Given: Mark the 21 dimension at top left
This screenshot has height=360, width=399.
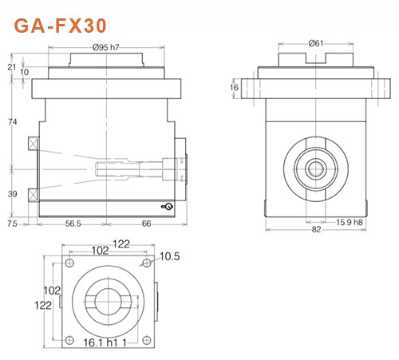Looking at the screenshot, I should (x=10, y=67).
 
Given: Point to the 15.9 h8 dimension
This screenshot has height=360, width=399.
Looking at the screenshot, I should (x=351, y=221).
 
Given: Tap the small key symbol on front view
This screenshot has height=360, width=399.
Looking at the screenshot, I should (x=167, y=207).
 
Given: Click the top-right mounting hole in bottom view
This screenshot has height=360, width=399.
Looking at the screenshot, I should (x=145, y=264).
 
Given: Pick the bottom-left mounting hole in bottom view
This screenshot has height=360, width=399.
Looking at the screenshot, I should (x=70, y=338).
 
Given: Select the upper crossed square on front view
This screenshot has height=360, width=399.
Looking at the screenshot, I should (x=33, y=145).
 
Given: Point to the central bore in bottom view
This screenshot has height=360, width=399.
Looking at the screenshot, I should (x=108, y=301).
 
